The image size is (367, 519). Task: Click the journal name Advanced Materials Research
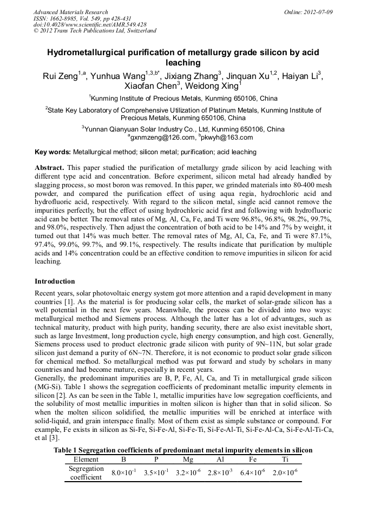tap(71, 12)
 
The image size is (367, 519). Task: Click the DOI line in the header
tap(90, 24)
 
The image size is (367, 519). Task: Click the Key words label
tap(53, 152)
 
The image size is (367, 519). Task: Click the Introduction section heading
tap(55, 281)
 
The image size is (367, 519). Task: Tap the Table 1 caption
tap(183, 450)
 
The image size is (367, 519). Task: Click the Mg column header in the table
tap(188, 459)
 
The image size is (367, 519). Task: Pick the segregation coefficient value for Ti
tap(285, 472)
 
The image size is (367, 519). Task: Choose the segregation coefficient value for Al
tap(220, 472)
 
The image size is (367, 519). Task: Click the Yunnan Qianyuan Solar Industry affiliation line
tap(183, 129)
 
